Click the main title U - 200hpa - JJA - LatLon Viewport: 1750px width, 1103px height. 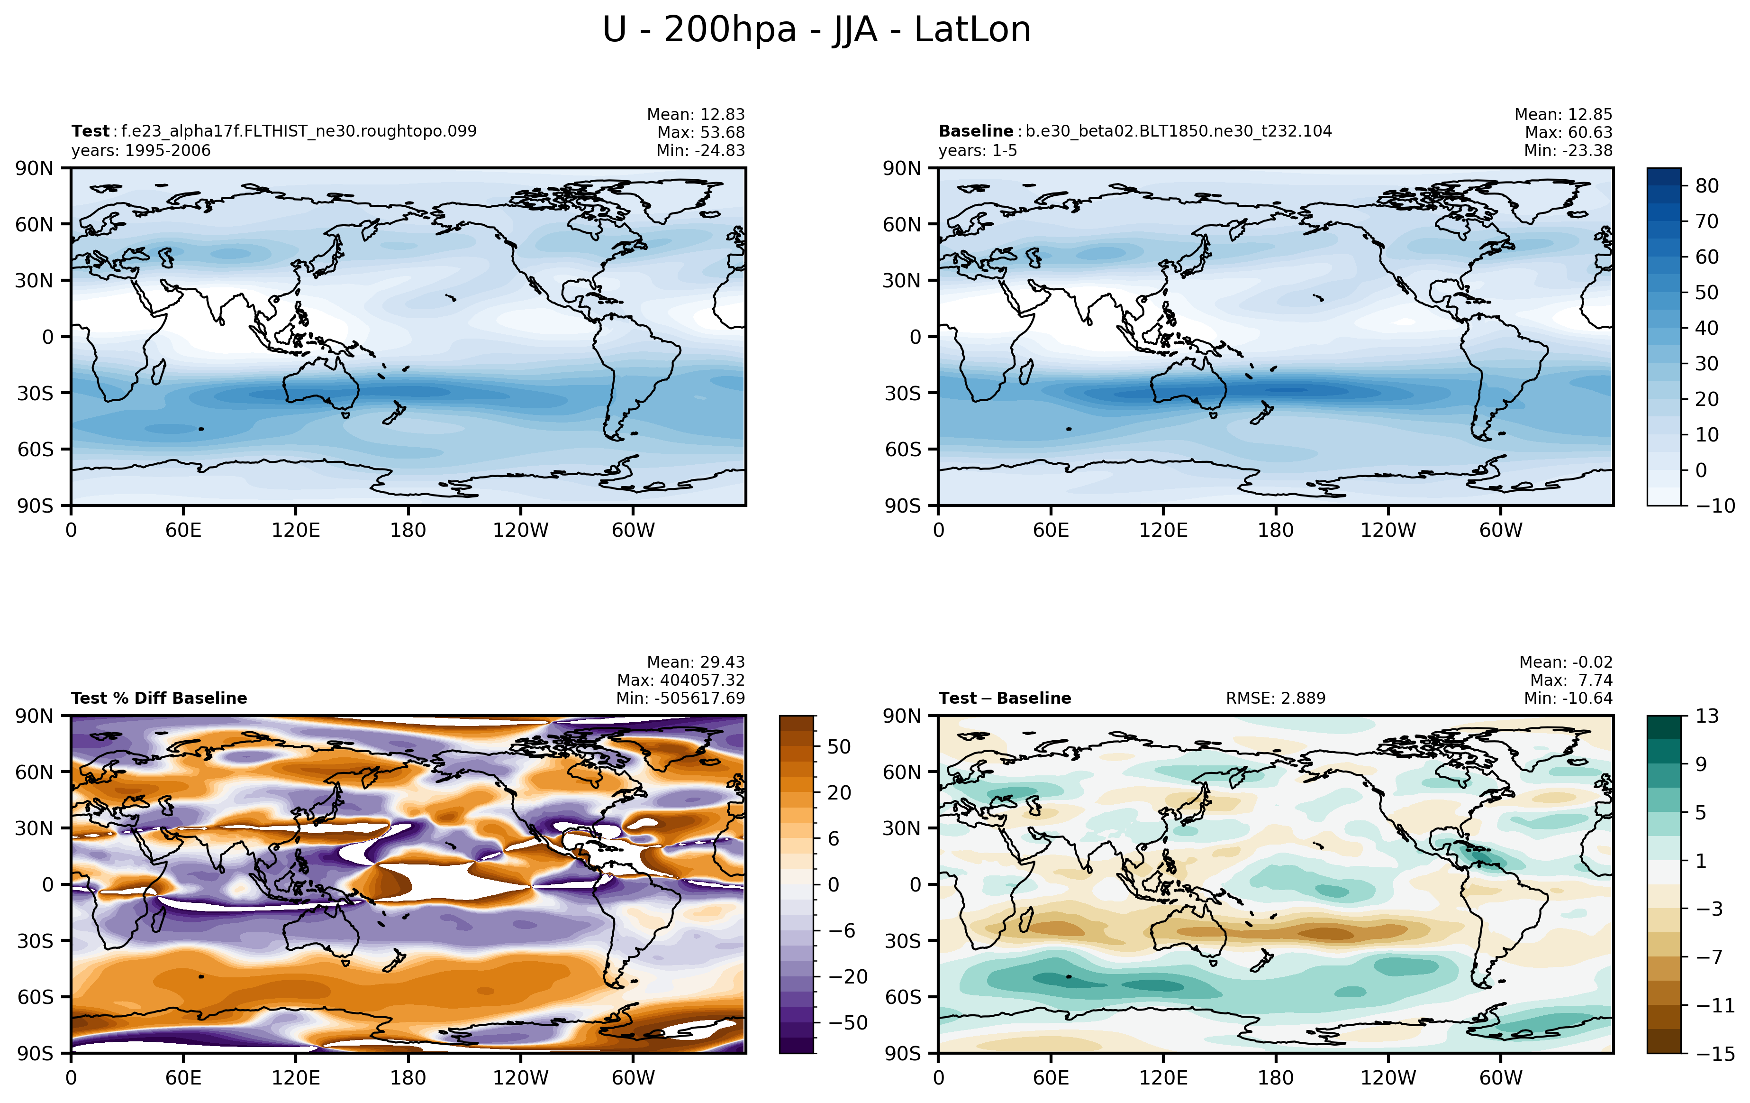click(x=817, y=30)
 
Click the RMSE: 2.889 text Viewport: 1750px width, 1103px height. click(x=1276, y=698)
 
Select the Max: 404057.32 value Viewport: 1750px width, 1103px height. click(x=681, y=680)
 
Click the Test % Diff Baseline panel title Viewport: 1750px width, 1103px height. click(x=159, y=698)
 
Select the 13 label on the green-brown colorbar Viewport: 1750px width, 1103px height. click(x=1707, y=716)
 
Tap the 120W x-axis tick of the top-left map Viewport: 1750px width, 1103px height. click(x=520, y=530)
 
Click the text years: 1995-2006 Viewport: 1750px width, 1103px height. click(x=141, y=150)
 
